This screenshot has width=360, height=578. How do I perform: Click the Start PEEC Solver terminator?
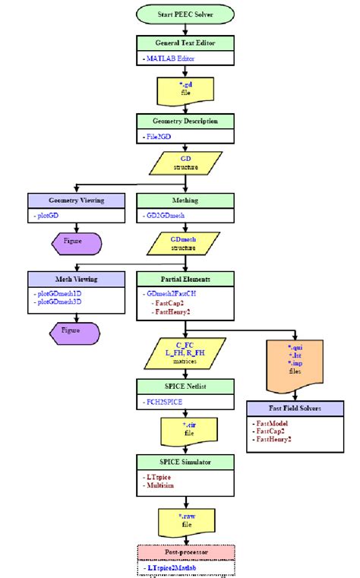click(179, 14)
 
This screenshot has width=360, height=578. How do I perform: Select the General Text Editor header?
click(179, 43)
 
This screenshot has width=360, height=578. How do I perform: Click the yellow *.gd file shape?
click(179, 90)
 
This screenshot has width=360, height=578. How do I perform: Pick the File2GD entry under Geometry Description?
click(160, 137)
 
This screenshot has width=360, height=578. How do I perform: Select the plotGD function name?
click(49, 216)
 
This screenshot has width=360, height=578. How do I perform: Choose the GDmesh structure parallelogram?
click(179, 242)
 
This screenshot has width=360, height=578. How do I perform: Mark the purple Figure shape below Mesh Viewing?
click(75, 332)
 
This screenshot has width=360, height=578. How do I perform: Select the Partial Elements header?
click(179, 278)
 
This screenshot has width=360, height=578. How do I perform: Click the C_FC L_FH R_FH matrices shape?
click(179, 353)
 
